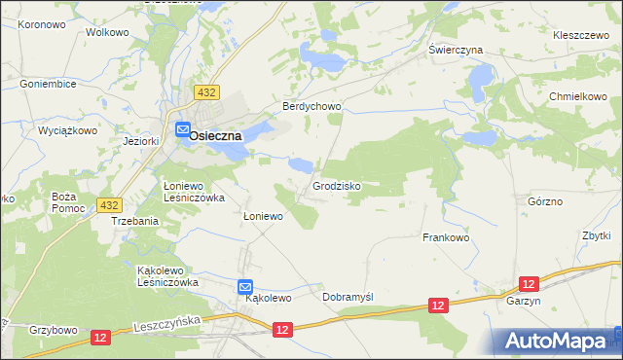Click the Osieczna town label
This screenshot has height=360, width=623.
pyautogui.click(x=215, y=136)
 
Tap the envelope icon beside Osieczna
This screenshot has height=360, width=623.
pyautogui.click(x=183, y=128)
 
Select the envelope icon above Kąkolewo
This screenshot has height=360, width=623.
pyautogui.click(x=246, y=287)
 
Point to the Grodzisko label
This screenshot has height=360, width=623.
pyautogui.click(x=338, y=185)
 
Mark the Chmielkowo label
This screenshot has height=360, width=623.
pyautogui.click(x=577, y=97)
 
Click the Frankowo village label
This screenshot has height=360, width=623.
pyautogui.click(x=446, y=237)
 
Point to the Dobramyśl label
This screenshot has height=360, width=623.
pyautogui.click(x=348, y=297)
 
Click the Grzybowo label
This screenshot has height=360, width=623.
pyautogui.click(x=54, y=330)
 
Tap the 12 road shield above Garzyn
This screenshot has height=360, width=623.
pyautogui.click(x=529, y=283)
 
